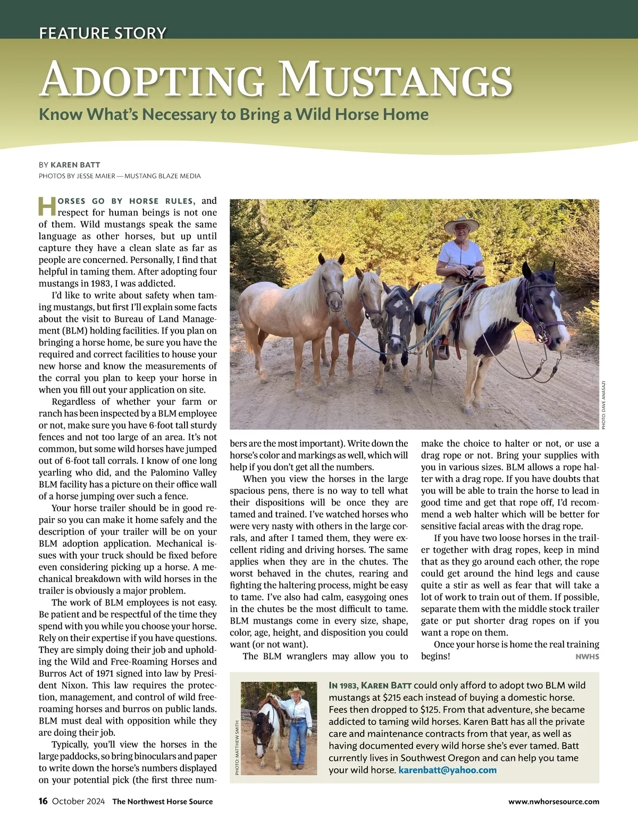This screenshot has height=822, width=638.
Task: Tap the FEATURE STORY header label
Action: point(103,33)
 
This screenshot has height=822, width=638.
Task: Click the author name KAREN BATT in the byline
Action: point(75,165)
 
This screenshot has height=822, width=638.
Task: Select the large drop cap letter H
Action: point(47,206)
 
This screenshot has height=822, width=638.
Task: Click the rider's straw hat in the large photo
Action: point(461,226)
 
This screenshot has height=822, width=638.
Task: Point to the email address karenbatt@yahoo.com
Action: point(447,770)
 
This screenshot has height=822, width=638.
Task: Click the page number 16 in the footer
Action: point(43,801)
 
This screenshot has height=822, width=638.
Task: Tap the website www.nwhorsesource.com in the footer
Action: point(553,801)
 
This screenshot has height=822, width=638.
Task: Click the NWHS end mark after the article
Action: point(587,657)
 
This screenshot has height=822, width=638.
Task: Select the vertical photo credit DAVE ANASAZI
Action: point(603,404)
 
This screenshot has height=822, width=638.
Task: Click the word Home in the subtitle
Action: point(406,114)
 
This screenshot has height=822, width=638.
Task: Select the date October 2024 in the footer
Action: point(78,801)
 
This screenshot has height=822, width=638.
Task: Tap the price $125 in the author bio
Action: point(431,710)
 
